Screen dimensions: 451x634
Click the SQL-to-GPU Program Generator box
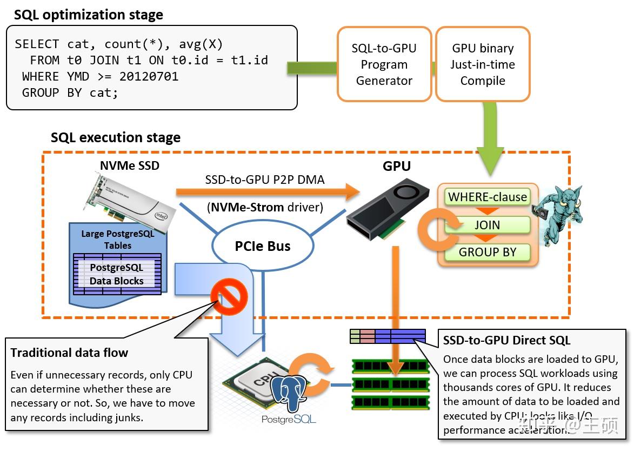pyautogui.click(x=384, y=64)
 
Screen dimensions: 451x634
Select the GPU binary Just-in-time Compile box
pyautogui.click(x=482, y=64)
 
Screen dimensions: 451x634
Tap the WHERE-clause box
pyautogui.click(x=487, y=197)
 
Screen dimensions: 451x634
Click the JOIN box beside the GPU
pyautogui.click(x=487, y=225)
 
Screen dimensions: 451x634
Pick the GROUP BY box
pyautogui.click(x=487, y=252)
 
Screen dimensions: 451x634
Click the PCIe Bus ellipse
pyautogui.click(x=263, y=246)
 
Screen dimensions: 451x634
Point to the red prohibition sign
pyautogui.click(x=229, y=296)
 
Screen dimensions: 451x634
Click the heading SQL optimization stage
pyautogui.click(x=89, y=15)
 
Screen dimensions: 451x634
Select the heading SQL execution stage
pyautogui.click(x=116, y=137)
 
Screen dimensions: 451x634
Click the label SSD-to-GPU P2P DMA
pyautogui.click(x=265, y=180)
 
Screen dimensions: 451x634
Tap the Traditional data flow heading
pyautogui.click(x=69, y=353)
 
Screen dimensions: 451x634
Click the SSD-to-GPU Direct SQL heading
pyautogui.click(x=506, y=341)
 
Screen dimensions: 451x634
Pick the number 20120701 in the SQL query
pyautogui.click(x=149, y=76)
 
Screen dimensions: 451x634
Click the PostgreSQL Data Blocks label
pyautogui.click(x=117, y=274)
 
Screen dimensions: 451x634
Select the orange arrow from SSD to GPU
pyautogui.click(x=268, y=191)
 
